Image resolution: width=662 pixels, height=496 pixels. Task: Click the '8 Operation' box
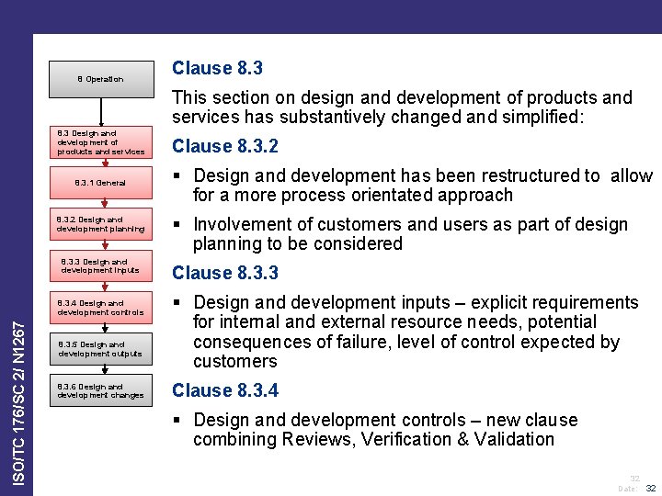coord(100,79)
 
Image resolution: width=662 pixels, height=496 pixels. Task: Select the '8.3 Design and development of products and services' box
coord(100,141)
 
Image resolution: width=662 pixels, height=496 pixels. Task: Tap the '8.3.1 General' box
coord(100,183)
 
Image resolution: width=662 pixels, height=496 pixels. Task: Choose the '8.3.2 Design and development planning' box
coord(100,224)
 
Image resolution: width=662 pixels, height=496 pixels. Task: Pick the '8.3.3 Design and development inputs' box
coord(100,265)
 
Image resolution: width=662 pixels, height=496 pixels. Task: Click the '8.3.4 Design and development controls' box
coord(100,308)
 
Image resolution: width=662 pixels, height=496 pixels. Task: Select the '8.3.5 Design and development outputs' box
coord(100,349)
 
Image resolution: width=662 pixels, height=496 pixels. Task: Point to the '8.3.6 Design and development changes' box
coord(100,390)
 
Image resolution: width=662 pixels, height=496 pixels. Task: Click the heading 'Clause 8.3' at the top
coord(217,68)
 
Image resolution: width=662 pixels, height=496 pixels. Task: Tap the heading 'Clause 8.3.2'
coord(225,146)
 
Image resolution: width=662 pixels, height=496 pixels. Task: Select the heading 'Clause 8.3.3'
coord(225,273)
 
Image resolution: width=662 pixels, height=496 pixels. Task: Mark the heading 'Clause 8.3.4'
coord(225,390)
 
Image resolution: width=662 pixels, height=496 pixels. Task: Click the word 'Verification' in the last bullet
coord(397,439)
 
